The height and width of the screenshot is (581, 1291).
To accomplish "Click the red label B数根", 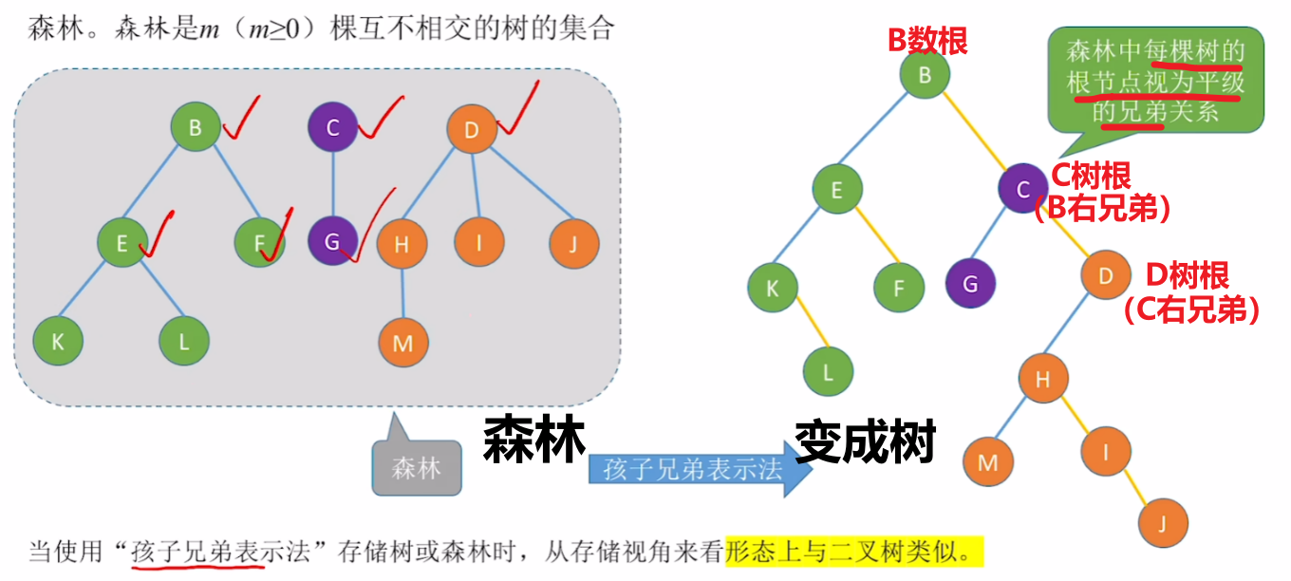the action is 926,40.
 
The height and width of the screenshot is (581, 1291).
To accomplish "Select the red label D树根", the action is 1188,276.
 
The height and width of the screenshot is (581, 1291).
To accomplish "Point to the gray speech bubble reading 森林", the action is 417,467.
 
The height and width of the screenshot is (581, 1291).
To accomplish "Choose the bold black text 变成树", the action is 865,442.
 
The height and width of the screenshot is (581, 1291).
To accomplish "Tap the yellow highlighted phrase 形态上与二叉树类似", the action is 853,551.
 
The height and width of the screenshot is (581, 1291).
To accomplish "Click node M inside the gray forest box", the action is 403,343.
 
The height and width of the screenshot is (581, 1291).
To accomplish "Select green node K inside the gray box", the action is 58,341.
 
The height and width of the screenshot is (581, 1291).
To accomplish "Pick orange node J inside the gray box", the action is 574,244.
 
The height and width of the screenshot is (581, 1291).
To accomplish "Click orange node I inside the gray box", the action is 478,243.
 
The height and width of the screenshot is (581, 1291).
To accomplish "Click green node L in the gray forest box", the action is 184,341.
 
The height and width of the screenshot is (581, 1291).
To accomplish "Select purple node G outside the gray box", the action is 970,283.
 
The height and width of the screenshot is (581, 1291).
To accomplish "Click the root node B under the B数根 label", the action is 926,75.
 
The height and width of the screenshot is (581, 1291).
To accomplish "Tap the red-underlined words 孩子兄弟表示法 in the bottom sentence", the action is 196,552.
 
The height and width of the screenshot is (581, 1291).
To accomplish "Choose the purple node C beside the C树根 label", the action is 1022,189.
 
